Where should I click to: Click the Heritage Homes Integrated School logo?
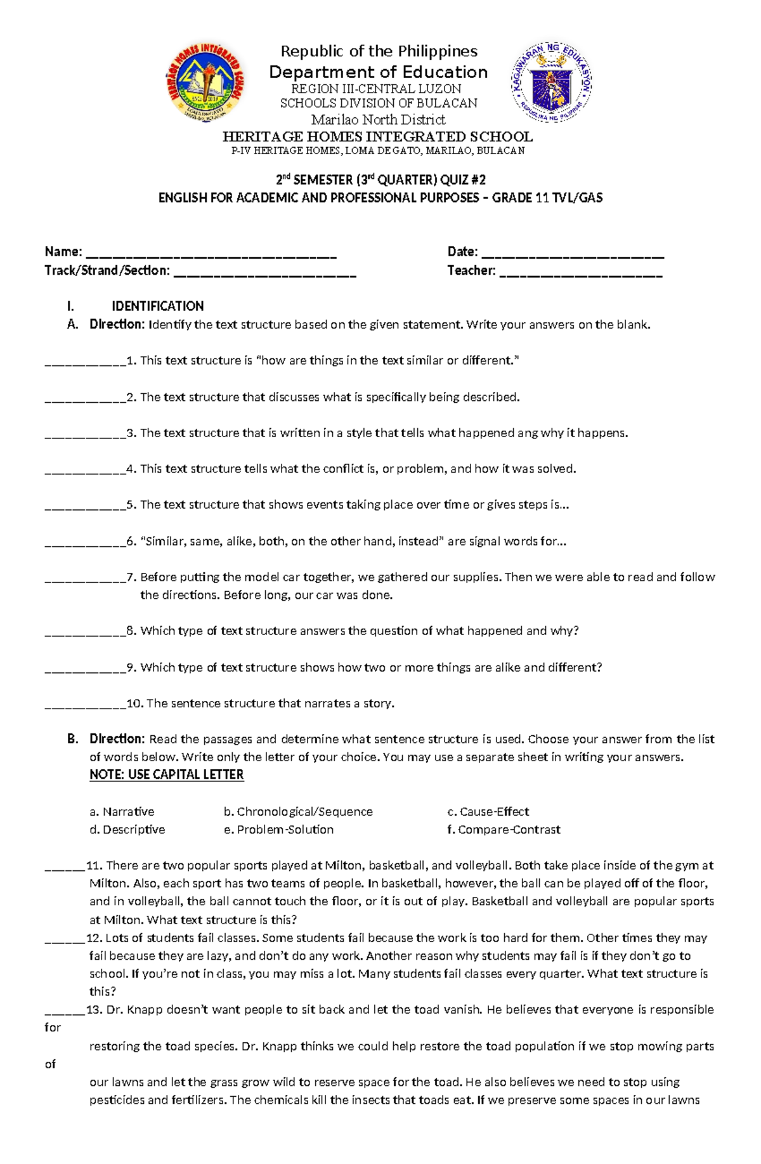205,82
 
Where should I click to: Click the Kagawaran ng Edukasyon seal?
552,82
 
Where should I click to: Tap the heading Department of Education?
379,72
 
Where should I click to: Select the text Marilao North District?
379,119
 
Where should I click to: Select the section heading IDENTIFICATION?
158,306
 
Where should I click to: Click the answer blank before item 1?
85,363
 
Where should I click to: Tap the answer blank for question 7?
85,580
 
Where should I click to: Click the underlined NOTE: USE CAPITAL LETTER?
167,775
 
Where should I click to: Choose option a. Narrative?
122,812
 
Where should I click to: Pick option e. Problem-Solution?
278,830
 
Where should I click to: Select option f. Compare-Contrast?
504,830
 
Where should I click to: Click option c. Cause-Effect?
488,812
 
